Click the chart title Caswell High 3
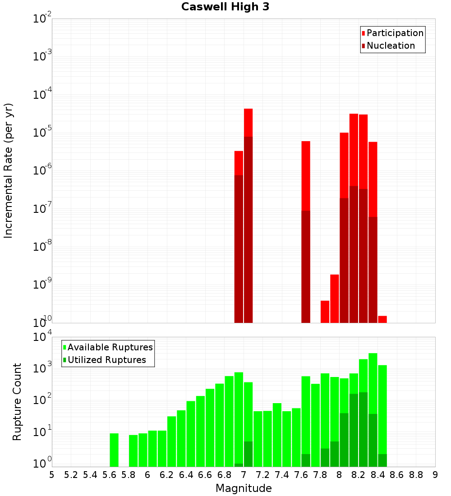(x=225, y=7)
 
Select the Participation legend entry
(x=395, y=33)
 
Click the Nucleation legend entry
(x=391, y=46)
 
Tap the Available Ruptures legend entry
(x=110, y=347)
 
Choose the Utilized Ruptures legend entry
(x=106, y=360)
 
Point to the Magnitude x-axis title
(x=244, y=488)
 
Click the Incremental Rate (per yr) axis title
(x=9, y=170)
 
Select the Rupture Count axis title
(x=17, y=401)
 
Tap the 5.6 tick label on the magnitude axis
(x=109, y=475)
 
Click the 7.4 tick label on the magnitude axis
(x=282, y=475)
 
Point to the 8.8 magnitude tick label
(x=416, y=475)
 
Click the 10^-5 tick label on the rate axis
(x=41, y=133)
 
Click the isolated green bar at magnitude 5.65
(x=114, y=450)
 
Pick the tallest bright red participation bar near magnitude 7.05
(x=248, y=122)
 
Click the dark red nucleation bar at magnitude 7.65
(x=306, y=266)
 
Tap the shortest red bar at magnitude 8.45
(x=382, y=319)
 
